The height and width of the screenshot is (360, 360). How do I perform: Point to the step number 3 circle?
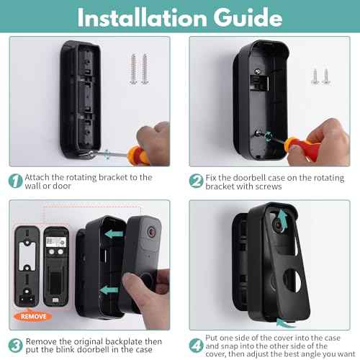(15, 344)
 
